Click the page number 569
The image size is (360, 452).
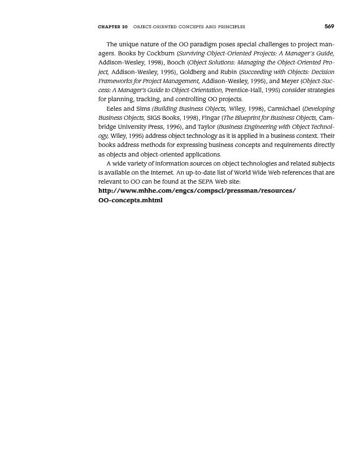(x=329, y=26)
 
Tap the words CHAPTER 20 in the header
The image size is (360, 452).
(x=113, y=27)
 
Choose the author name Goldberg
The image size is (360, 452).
(x=196, y=72)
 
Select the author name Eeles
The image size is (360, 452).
(x=115, y=108)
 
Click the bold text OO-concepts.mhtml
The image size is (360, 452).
(x=131, y=200)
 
